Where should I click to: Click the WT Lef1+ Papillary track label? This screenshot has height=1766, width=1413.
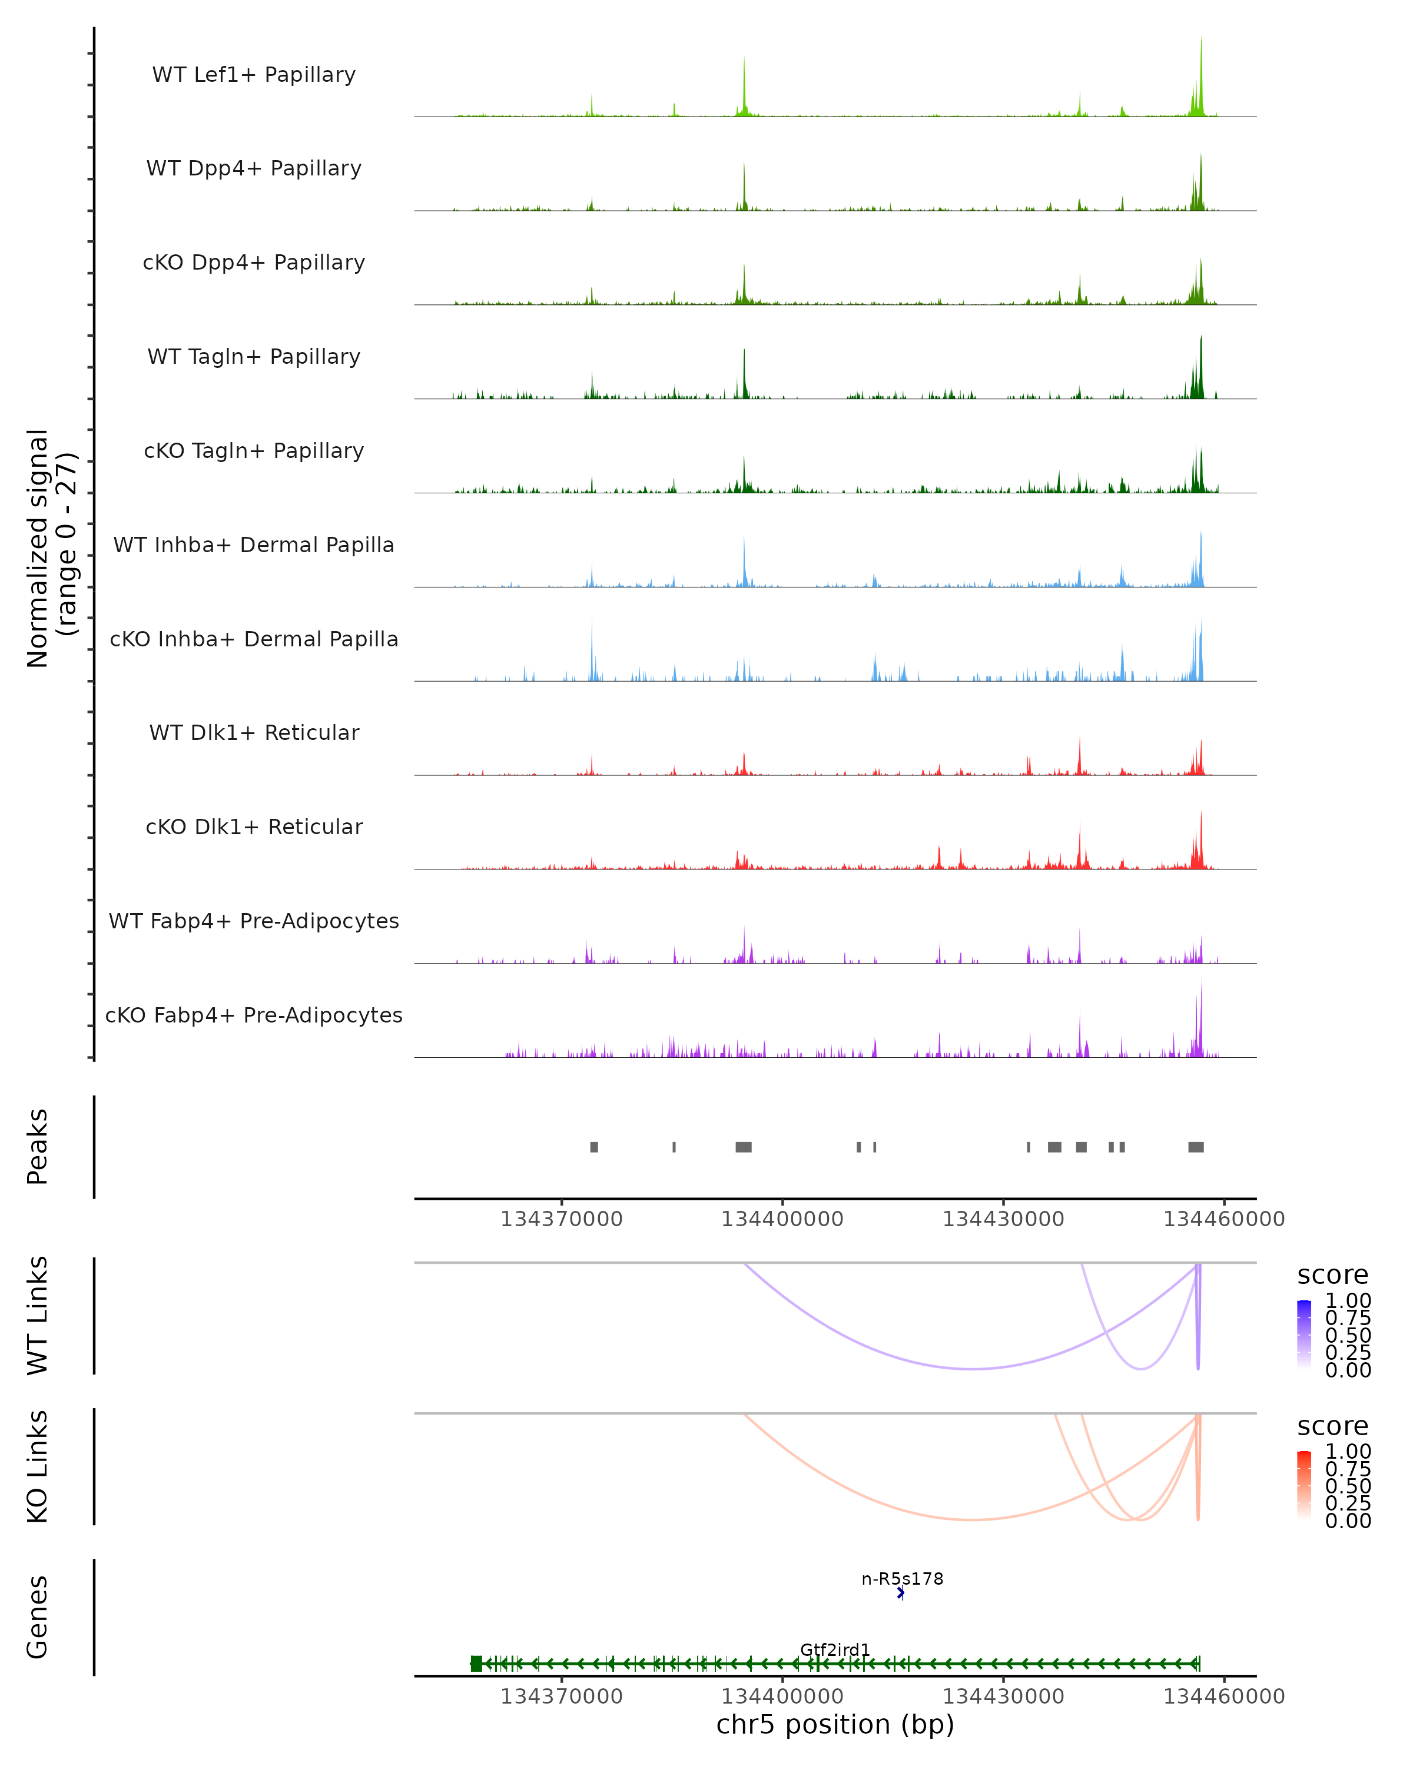(254, 75)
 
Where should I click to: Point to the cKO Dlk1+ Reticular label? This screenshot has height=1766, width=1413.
(254, 826)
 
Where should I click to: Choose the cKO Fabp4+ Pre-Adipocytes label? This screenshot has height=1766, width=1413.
(254, 1015)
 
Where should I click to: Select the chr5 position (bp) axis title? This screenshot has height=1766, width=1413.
(835, 1724)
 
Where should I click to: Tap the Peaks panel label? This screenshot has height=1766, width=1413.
(38, 1146)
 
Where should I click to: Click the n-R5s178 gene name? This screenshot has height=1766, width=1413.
(902, 1578)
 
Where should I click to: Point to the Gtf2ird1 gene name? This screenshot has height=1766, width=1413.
(835, 1649)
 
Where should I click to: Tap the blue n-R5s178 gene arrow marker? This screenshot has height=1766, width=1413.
(901, 1593)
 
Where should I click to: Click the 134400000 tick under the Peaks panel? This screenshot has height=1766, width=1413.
(782, 1219)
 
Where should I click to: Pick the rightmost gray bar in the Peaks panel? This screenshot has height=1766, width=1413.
(1196, 1147)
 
